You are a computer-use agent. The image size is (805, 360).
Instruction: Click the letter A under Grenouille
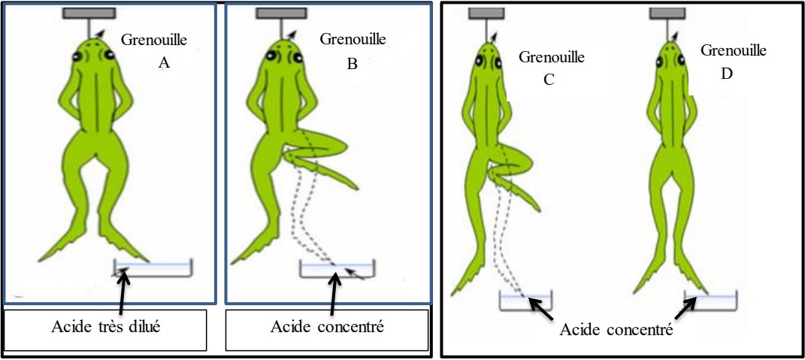tap(164, 64)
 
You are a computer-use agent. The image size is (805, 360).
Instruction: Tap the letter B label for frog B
tap(352, 64)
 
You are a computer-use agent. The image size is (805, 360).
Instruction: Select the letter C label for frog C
tap(549, 78)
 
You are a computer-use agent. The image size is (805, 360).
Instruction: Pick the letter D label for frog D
tap(726, 74)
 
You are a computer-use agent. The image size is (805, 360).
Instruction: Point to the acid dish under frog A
tap(154, 269)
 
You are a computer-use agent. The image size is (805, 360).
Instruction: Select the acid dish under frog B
tap(338, 270)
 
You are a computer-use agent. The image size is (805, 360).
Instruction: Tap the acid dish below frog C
tap(526, 301)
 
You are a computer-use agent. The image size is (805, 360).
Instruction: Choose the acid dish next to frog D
tap(710, 300)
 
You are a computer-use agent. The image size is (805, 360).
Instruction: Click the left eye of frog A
tap(77, 57)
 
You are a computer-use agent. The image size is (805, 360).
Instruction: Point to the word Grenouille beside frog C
tap(552, 56)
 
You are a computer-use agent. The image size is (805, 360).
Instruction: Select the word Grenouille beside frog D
tap(734, 50)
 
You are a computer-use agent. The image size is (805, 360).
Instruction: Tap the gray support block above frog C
tap(488, 13)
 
